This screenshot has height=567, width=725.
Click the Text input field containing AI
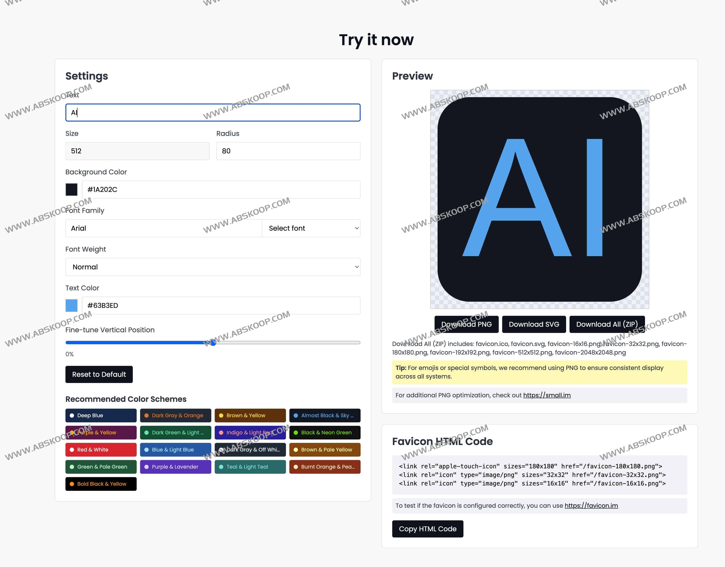(x=213, y=113)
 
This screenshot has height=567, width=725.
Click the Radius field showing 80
(x=288, y=151)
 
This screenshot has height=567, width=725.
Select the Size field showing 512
(x=138, y=151)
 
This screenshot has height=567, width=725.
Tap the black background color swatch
(x=71, y=189)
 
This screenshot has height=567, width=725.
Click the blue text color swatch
(x=71, y=305)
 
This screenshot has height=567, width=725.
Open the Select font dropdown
(x=311, y=228)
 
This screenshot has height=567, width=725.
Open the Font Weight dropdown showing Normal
(x=213, y=267)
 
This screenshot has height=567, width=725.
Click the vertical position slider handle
(x=213, y=343)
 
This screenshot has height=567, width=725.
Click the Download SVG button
(x=534, y=324)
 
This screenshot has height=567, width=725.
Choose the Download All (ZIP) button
(x=607, y=324)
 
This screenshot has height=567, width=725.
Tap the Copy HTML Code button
(x=428, y=529)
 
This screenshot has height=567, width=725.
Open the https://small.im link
(x=547, y=395)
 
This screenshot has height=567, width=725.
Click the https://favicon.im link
(x=591, y=506)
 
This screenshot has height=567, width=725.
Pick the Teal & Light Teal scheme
(x=250, y=467)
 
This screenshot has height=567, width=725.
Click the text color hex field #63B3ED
(x=221, y=305)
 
